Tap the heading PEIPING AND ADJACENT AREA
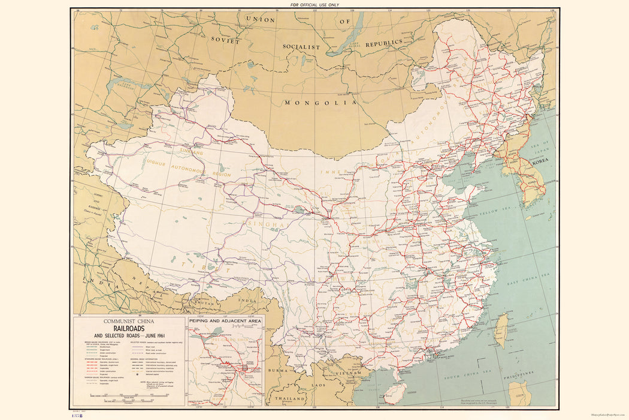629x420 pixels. pos(225,321)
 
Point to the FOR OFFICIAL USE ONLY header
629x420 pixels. pos(314,5)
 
